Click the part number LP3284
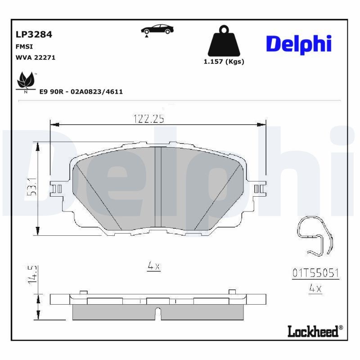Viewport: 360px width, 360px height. point(34,34)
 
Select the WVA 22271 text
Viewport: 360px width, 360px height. point(35,58)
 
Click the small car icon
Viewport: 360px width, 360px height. point(157,30)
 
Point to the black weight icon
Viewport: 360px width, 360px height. point(224,42)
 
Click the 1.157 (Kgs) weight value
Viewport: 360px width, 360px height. point(224,62)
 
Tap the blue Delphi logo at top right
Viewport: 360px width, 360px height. point(299,44)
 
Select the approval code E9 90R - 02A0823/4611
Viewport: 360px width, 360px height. point(81,91)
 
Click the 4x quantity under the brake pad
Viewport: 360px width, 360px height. point(154,266)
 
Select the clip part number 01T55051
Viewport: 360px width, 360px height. point(315,273)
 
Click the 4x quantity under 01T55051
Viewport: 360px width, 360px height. point(315,288)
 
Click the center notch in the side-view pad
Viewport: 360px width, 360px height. point(157,312)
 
